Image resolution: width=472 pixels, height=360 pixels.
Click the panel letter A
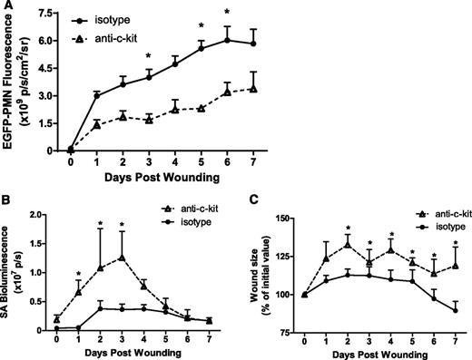[x=6, y=7]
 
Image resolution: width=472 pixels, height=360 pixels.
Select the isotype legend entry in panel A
[x=125, y=17]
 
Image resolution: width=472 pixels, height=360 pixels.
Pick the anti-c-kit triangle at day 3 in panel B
[x=121, y=257]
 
